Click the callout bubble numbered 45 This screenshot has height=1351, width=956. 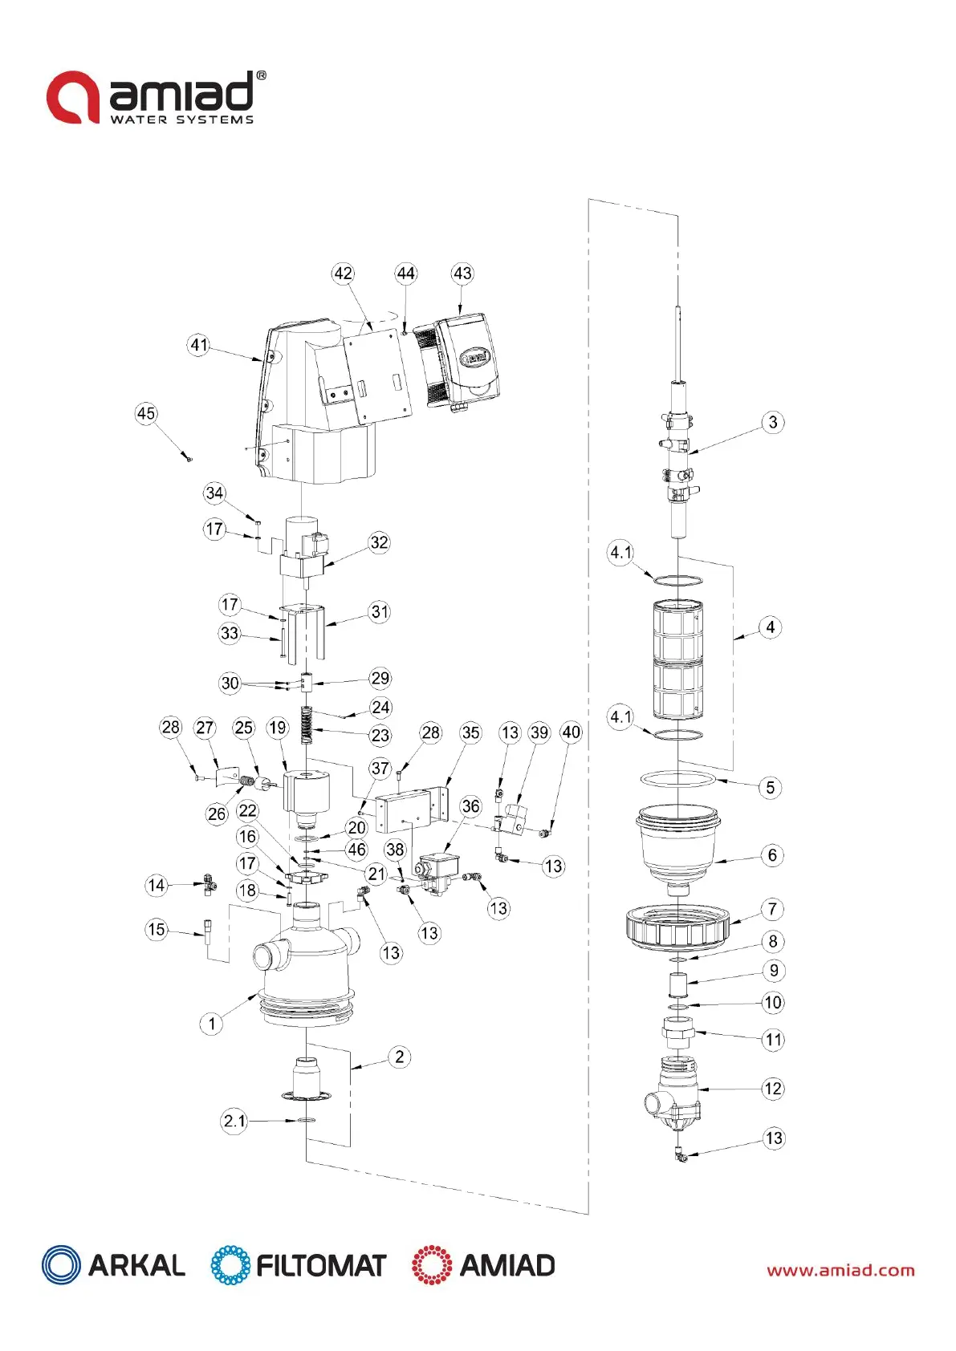(146, 413)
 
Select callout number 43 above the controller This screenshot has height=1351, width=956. (462, 274)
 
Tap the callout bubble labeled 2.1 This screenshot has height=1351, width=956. (234, 1120)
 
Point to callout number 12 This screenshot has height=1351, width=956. (772, 1088)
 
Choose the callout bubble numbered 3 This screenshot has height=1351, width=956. (772, 422)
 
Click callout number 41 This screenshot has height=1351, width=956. (199, 345)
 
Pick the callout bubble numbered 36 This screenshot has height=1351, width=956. (470, 806)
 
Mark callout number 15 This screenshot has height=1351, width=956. (157, 930)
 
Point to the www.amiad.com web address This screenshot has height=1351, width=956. (840, 1270)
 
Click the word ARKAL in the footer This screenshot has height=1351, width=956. (136, 1265)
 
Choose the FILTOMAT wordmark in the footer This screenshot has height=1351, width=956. (321, 1265)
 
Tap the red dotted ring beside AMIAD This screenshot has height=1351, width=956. (432, 1265)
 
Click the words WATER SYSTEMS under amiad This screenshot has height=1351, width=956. (181, 120)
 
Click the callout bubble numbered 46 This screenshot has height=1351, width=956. (356, 850)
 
